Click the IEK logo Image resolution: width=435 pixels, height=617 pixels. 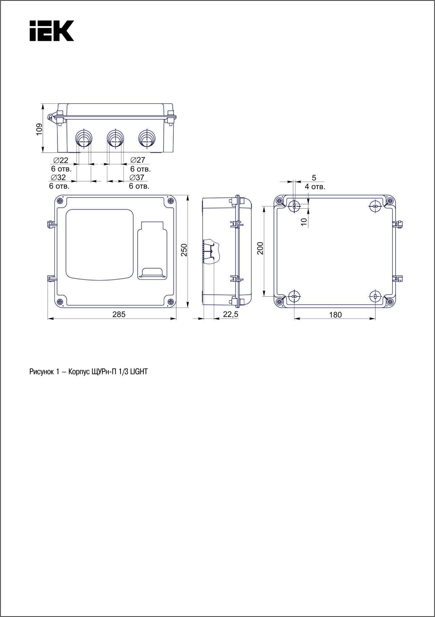click(52, 31)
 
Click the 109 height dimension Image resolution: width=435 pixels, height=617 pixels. click(39, 129)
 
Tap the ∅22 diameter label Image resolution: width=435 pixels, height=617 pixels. click(61, 160)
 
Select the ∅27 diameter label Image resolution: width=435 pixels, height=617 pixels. click(138, 160)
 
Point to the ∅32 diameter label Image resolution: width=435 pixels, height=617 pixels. click(58, 177)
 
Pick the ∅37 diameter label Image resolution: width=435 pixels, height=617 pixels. click(137, 177)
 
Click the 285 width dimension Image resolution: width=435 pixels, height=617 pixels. click(119, 314)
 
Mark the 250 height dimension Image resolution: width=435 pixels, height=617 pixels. click(184, 250)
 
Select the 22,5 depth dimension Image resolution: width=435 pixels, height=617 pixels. click(230, 314)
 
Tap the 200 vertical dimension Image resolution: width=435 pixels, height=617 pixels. click(260, 248)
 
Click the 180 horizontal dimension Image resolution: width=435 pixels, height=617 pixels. click(335, 315)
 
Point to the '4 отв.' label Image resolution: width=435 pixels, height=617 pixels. click(315, 187)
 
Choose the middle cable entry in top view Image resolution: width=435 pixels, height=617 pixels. click(115, 138)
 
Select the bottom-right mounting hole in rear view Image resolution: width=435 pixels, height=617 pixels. click(375, 296)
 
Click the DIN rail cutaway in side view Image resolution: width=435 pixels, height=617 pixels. click(211, 252)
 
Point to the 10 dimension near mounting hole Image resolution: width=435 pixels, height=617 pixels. click(304, 221)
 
